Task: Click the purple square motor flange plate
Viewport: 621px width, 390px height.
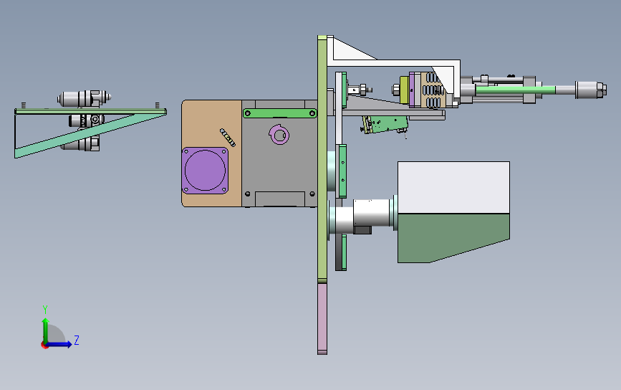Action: point(205,171)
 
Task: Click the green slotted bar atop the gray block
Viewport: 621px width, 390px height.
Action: point(280,113)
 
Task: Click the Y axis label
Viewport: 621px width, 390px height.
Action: point(45,310)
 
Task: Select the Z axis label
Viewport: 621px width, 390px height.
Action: point(77,340)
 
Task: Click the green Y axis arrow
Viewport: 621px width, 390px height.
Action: point(46,330)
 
